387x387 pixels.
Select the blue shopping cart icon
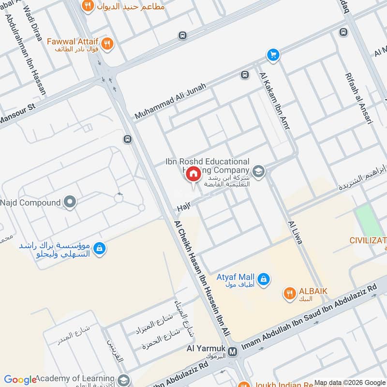click(273, 55)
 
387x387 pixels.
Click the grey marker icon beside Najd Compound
click(70, 202)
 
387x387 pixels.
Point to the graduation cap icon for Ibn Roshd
click(259, 171)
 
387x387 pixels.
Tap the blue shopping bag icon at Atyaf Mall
click(264, 279)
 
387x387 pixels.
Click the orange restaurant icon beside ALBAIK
click(290, 293)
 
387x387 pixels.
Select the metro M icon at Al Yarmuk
click(233, 351)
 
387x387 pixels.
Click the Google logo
click(20, 379)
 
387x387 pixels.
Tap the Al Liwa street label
click(295, 233)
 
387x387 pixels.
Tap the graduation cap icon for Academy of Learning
click(123, 379)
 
